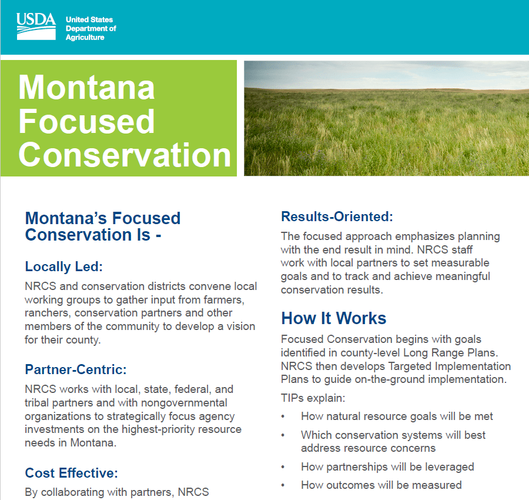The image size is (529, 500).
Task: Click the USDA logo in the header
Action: click(x=36, y=26)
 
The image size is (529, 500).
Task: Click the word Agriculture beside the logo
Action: click(x=85, y=38)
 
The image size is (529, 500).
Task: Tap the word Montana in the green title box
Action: click(x=86, y=88)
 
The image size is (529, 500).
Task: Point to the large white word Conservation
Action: click(x=125, y=154)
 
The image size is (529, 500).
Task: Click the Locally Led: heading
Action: click(x=63, y=266)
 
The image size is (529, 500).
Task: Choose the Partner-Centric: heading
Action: click(x=76, y=369)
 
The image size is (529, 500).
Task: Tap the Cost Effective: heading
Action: click(x=72, y=473)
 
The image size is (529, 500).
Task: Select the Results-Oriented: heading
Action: click(x=337, y=216)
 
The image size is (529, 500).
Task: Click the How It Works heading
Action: click(x=334, y=318)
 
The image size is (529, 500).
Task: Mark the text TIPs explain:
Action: click(x=313, y=398)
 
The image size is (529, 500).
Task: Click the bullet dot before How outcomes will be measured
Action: click(x=283, y=486)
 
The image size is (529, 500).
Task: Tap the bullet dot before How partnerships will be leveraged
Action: click(x=283, y=468)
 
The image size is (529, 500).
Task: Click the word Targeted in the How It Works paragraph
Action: click(x=410, y=366)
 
